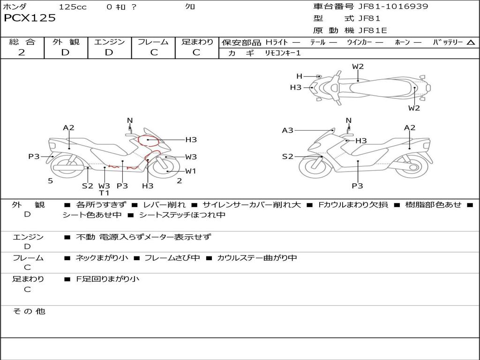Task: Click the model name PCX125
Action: (x=30, y=18)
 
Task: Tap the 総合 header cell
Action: (x=22, y=42)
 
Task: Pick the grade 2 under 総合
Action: (x=22, y=52)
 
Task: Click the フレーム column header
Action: (x=153, y=42)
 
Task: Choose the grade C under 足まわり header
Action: (x=196, y=52)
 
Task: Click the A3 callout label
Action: (x=287, y=130)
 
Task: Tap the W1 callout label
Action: (x=190, y=171)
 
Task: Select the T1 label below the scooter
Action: (x=104, y=193)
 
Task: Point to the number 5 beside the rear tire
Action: (x=50, y=180)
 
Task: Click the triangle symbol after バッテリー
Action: (x=471, y=42)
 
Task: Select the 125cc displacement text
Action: (x=73, y=7)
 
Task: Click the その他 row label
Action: (x=29, y=311)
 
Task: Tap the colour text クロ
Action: (x=190, y=7)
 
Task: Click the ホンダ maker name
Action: (x=15, y=7)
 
